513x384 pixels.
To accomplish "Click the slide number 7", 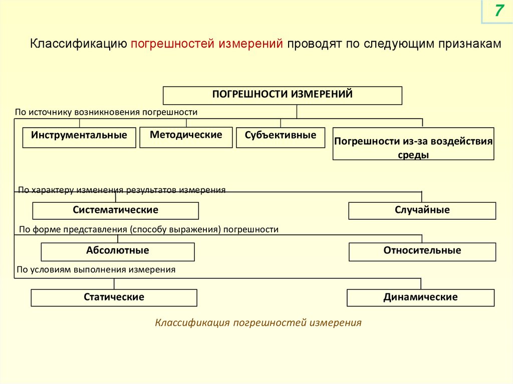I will (x=498, y=11).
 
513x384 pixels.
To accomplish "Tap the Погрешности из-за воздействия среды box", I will (x=413, y=148).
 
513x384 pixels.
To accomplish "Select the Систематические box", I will (x=115, y=211).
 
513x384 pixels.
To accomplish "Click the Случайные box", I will (x=422, y=211).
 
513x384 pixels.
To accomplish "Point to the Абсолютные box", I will (x=117, y=252).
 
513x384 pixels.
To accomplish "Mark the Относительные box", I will (x=422, y=252).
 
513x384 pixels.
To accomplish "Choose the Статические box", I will (x=114, y=298).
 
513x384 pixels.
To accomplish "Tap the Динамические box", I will (x=420, y=298).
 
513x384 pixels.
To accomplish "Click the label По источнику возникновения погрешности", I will (x=106, y=112).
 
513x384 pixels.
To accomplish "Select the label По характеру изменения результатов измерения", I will (x=122, y=190).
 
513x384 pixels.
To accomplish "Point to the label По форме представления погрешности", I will (x=148, y=230).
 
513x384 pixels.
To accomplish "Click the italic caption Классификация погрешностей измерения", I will (x=258, y=323).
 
